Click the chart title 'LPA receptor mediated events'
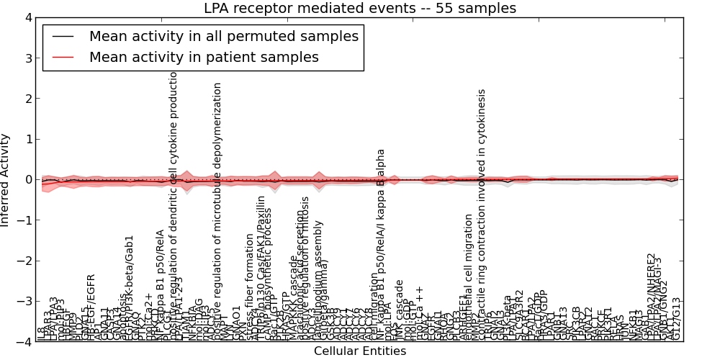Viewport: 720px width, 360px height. click(x=360, y=9)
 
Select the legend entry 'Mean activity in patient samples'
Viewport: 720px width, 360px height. click(x=204, y=57)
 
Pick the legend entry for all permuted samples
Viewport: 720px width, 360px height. click(x=223, y=36)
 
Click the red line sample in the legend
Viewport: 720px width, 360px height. click(x=62, y=57)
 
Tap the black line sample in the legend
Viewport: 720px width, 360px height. click(x=62, y=36)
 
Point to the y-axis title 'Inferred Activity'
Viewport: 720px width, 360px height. click(x=6, y=180)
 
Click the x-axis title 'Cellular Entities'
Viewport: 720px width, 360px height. click(x=360, y=351)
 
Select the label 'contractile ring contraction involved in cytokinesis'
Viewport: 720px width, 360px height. click(x=482, y=216)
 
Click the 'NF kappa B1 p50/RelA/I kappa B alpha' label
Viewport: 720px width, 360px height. click(x=382, y=245)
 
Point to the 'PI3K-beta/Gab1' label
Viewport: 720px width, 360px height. click(x=130, y=288)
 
